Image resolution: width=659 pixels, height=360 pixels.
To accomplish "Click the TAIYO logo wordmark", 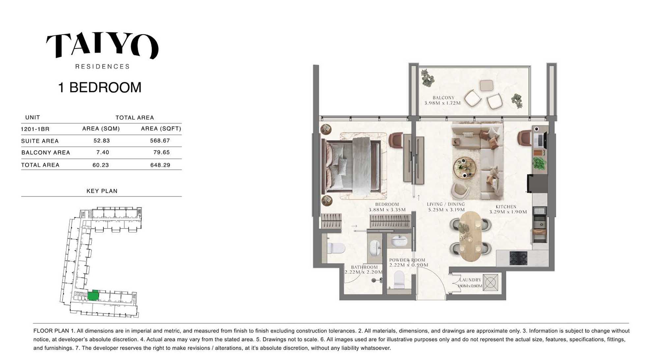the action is pos(102,45).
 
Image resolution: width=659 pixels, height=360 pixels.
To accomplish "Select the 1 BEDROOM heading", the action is pos(100,87).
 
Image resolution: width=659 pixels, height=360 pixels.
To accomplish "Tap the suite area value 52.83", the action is pos(101,140).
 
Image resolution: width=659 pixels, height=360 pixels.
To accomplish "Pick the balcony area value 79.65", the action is pos(161,152).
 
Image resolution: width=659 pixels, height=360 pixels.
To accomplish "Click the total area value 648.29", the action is pos(160,165).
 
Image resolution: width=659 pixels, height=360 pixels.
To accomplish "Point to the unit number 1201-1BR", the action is pos(35,129).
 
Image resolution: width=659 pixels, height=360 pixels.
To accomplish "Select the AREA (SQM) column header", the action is pos(101,129).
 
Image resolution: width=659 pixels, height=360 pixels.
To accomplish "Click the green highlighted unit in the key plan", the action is pos(93,295).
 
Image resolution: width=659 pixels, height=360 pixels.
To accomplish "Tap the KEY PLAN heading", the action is pos(102,191).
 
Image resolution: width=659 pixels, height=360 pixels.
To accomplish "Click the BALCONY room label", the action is pos(443,98).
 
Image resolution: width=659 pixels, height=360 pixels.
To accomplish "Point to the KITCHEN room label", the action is pos(506,207).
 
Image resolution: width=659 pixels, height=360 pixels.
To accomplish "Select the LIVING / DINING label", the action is pos(446,204).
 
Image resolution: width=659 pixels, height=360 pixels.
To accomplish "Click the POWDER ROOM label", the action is pos(407,260).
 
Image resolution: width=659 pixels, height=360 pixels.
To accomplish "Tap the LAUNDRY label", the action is pos(470,280).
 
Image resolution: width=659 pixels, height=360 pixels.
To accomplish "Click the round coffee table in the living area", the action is pos(464,168).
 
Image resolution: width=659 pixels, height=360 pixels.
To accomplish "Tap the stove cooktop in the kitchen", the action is pos(518,258).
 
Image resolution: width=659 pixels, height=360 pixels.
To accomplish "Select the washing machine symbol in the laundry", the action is pos(490,283).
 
